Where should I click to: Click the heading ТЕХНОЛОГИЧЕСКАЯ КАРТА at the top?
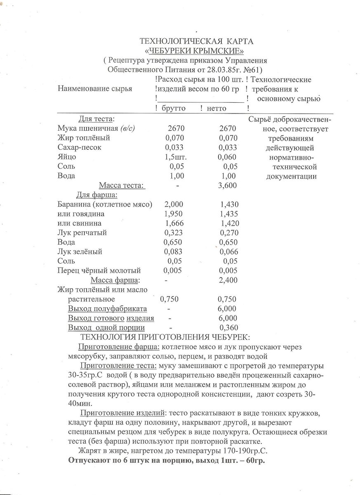tap(197, 41)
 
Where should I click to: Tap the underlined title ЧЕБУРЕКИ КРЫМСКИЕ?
tap(195, 51)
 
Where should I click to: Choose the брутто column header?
tap(173, 108)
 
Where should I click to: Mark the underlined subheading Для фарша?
tap(96, 195)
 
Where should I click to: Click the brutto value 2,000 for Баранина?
tap(174, 204)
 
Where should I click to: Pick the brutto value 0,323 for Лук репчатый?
tap(173, 233)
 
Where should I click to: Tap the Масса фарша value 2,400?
tap(228, 280)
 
